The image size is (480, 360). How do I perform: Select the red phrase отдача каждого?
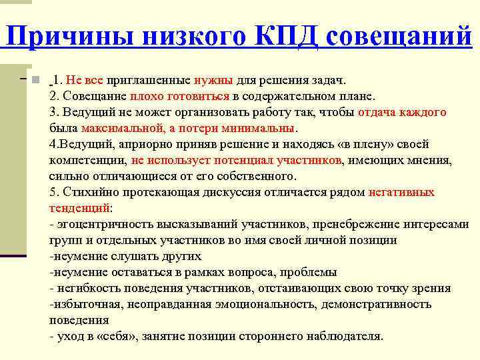[x=402, y=112]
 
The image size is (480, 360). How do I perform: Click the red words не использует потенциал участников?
[x=237, y=160]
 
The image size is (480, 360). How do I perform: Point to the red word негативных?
[x=401, y=192]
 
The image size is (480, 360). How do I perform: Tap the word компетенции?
[x=87, y=160]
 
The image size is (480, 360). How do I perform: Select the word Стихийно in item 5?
[x=87, y=192]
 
